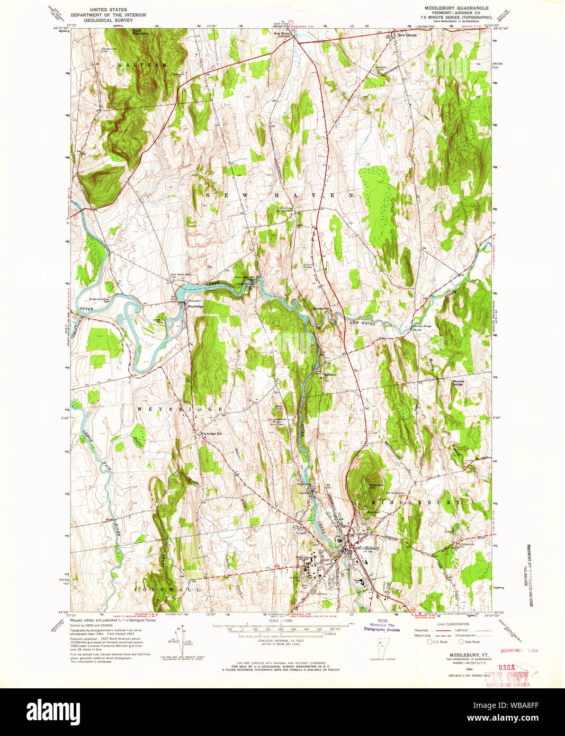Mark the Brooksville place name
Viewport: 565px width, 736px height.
pyautogui.click(x=321, y=308)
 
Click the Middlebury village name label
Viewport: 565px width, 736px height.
pyautogui.click(x=369, y=547)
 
